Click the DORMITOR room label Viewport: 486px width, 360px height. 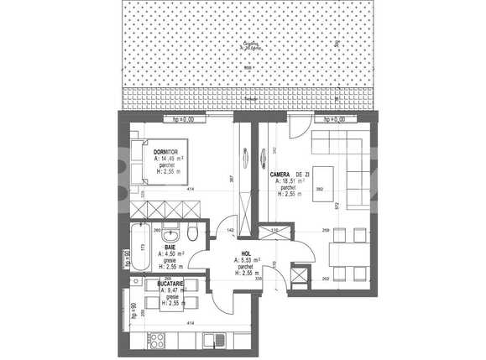pyautogui.click(x=165, y=151)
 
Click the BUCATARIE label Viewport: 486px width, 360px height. pyautogui.click(x=170, y=284)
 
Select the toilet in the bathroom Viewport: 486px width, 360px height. pyautogui.click(x=193, y=231)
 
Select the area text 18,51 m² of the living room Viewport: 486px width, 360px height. pyautogui.click(x=291, y=180)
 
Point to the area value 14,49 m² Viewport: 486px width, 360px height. pyautogui.click(x=170, y=158)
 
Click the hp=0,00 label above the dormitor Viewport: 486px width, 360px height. pyautogui.click(x=183, y=119)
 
